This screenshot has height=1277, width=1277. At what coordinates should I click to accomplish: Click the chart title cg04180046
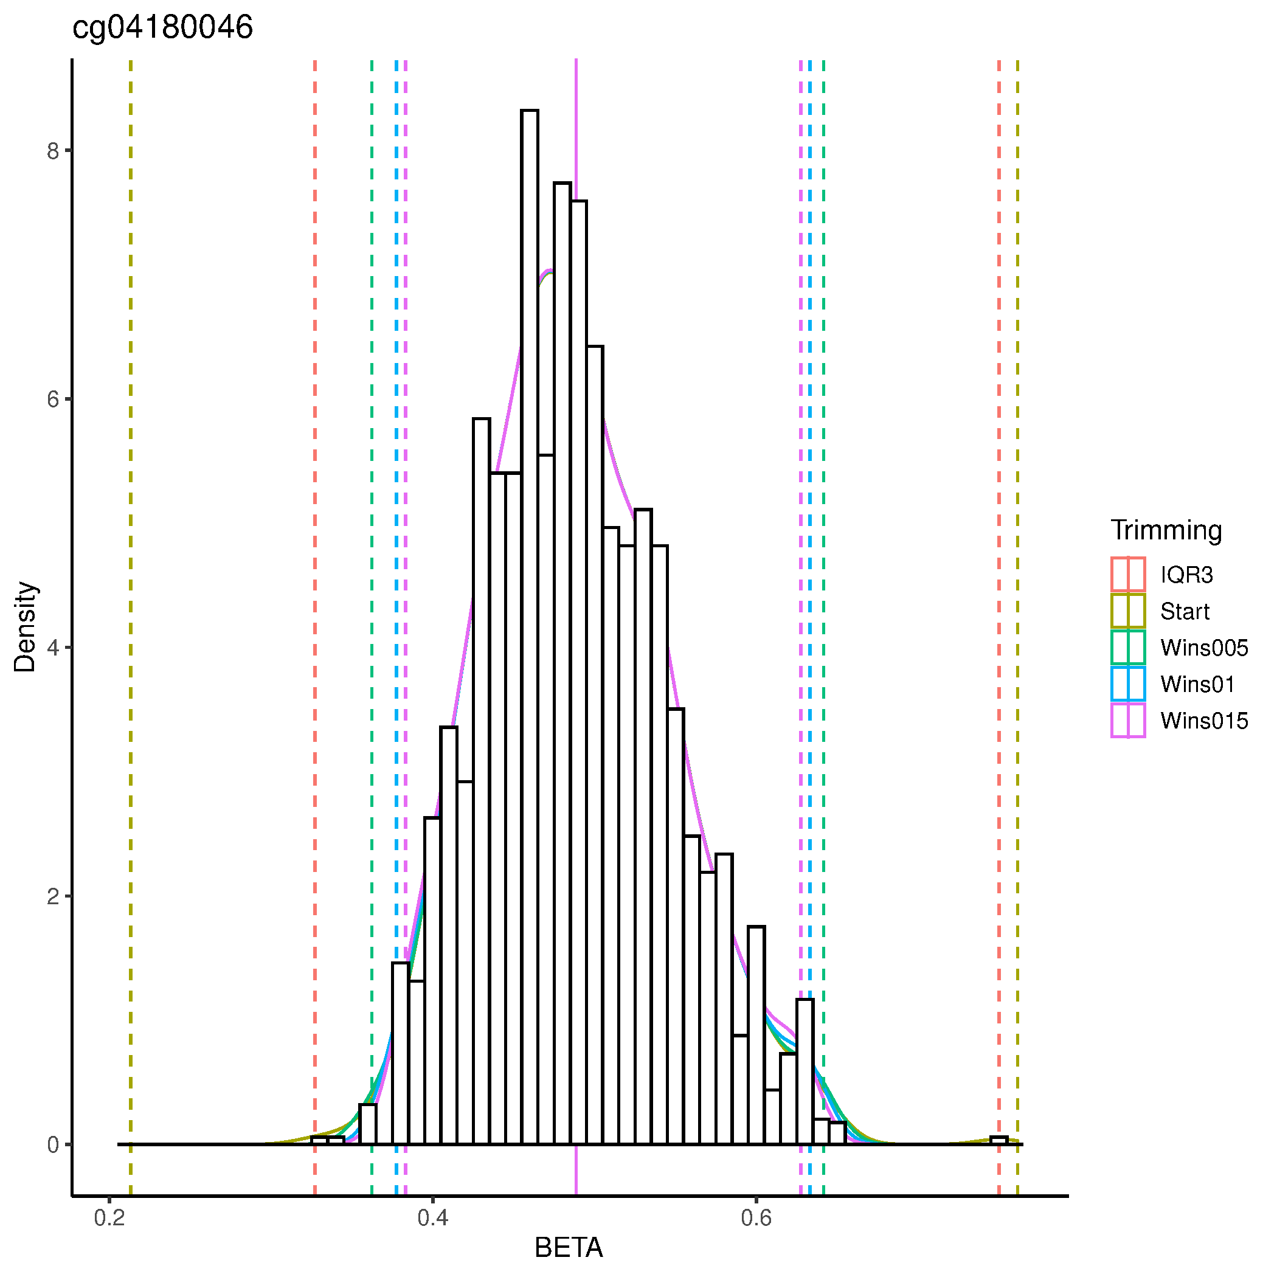[162, 28]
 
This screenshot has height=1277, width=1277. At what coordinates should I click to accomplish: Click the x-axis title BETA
[569, 1248]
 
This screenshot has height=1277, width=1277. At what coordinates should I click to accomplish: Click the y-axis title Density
[25, 626]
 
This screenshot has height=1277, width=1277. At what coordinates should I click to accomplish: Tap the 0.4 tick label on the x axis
[433, 1217]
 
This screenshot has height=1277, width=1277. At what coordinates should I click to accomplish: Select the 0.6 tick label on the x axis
[756, 1217]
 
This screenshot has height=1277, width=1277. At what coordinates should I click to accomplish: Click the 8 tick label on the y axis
[53, 151]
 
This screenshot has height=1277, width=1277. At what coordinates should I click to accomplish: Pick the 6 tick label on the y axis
[53, 400]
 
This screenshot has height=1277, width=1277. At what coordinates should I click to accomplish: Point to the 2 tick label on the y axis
[53, 897]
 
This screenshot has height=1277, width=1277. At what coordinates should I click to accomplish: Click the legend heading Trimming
[1166, 530]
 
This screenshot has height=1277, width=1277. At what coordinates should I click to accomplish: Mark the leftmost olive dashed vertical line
[131, 595]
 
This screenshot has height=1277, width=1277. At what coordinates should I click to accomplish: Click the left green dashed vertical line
[372, 595]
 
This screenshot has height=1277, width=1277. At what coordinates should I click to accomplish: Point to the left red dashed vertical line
[315, 595]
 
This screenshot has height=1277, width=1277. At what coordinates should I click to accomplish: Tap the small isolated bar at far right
[998, 1140]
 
